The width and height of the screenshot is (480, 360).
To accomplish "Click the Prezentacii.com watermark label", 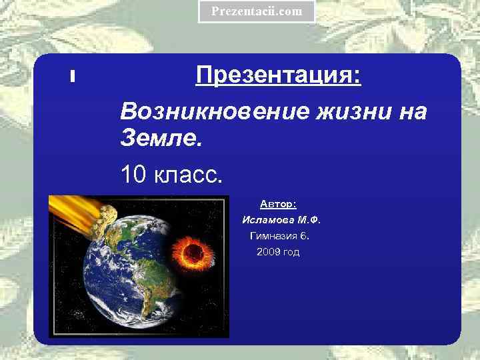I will tap(257, 11).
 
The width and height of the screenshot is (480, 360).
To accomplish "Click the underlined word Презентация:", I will tap(279, 75).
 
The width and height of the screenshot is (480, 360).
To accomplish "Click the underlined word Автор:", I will tap(279, 203).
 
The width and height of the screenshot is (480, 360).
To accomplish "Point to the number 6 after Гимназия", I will tap(305, 235).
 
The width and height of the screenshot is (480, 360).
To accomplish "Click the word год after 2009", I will tap(292, 252).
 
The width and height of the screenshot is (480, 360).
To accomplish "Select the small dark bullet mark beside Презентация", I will tap(71, 77).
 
